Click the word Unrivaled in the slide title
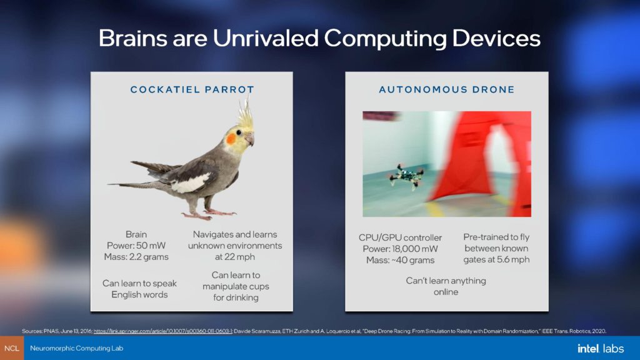(265, 38)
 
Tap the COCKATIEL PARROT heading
(192, 89)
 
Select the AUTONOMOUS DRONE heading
(447, 89)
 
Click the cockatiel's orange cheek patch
(231, 139)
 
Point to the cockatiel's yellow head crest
(245, 113)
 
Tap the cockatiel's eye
(239, 132)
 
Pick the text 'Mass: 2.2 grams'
(136, 257)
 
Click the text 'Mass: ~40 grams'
(400, 260)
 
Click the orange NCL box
(12, 348)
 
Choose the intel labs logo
(601, 348)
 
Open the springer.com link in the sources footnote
(163, 331)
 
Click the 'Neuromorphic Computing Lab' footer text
(77, 348)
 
